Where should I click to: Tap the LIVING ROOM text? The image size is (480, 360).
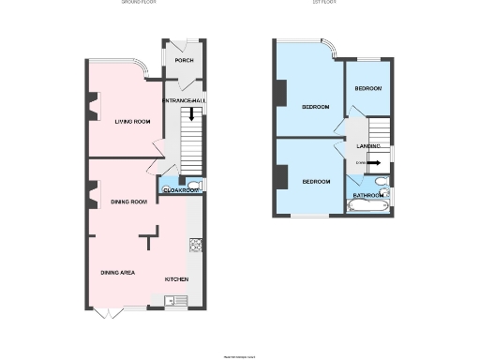click(x=132, y=122)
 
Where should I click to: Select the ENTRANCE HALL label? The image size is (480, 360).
click(x=184, y=100)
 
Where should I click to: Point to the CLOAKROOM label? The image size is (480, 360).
click(x=180, y=190)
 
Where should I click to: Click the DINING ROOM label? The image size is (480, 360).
click(x=129, y=202)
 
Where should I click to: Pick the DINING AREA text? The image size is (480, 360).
click(x=119, y=273)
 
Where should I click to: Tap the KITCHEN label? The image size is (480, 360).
click(x=177, y=279)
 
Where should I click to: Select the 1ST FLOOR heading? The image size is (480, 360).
click(x=323, y=3)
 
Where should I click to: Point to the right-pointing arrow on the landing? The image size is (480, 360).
click(x=372, y=163)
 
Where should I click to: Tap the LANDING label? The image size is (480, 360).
click(x=367, y=146)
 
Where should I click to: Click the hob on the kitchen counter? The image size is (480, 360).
click(x=196, y=246)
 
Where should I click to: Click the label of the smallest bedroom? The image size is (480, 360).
click(x=367, y=88)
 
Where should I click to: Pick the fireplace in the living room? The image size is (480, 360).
click(x=91, y=107)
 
